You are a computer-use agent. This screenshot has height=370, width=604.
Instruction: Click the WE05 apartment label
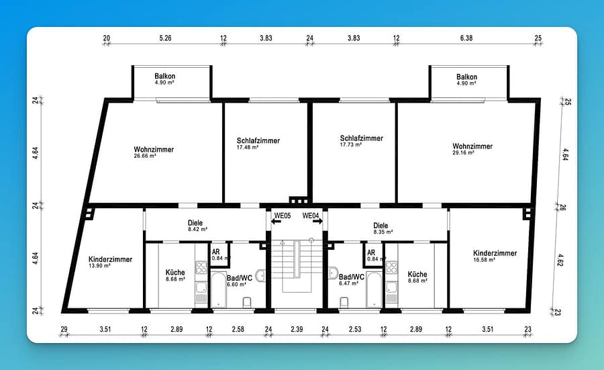tap(283, 216)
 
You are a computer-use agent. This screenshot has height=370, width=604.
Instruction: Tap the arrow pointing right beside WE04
tap(318, 222)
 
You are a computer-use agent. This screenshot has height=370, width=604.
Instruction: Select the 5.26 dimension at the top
tap(165, 38)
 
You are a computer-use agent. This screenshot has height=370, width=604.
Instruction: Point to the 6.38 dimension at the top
tap(466, 38)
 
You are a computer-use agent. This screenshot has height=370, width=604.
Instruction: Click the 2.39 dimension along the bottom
tap(297, 329)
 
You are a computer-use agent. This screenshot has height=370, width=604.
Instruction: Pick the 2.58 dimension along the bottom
tap(238, 329)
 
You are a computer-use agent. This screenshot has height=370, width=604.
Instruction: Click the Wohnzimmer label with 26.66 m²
tap(154, 150)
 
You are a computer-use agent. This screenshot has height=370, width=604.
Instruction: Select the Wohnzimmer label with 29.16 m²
tap(472, 146)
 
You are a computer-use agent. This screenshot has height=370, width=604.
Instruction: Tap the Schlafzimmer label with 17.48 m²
tap(258, 140)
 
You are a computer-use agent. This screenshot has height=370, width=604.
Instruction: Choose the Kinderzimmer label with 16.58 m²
tap(495, 253)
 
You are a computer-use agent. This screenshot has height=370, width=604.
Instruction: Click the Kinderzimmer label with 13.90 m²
tap(110, 259)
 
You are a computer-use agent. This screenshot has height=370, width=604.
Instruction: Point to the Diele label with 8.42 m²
tap(195, 223)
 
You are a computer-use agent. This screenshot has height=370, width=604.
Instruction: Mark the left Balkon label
tap(165, 77)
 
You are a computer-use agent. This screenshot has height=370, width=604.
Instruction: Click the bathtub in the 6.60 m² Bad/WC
tap(218, 290)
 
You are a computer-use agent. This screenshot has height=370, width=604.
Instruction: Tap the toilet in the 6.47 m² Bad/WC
tap(344, 302)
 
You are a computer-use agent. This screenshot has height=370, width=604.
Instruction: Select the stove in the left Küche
tap(201, 267)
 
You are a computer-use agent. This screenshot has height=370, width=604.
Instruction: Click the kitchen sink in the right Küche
tap(391, 287)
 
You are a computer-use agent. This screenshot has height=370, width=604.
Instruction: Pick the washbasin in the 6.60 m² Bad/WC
tap(260, 275)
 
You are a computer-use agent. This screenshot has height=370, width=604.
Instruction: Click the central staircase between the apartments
tap(297, 266)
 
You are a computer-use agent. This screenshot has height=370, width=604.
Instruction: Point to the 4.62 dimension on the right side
tap(560, 260)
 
